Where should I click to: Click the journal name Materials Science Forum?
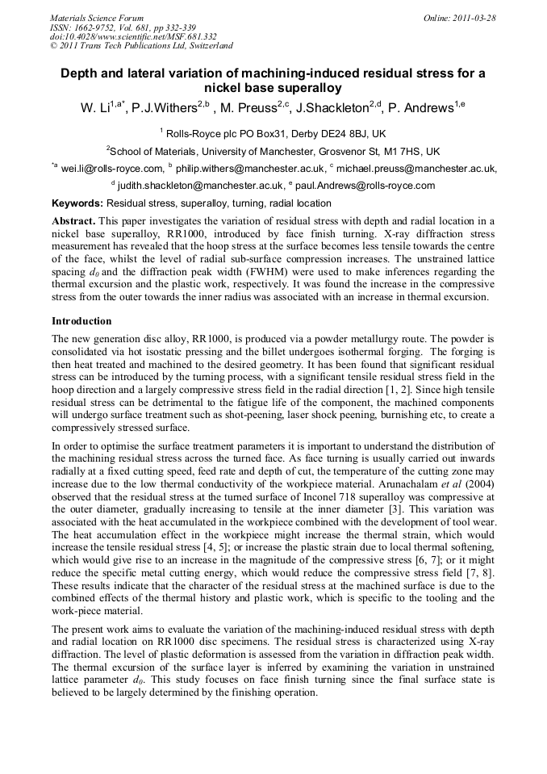[x=96, y=17]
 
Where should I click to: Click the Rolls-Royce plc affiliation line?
[x=273, y=132]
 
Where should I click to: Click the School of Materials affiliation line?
[x=273, y=151]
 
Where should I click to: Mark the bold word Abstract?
[x=74, y=220]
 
